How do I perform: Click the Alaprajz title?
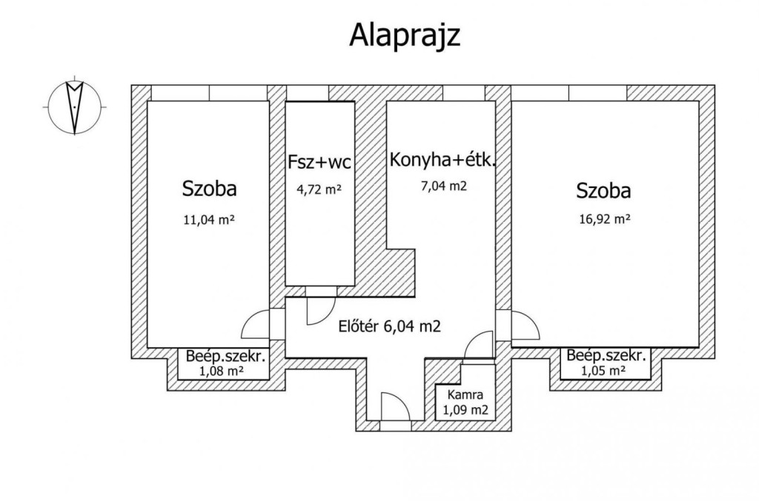(404, 36)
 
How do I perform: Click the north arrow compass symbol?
(75, 107)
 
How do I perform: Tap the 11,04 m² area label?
(208, 221)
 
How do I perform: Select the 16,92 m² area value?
(605, 219)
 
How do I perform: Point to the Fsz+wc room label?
(319, 162)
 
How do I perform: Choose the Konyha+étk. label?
(443, 159)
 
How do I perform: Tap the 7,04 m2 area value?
(444, 186)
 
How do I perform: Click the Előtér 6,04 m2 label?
(389, 326)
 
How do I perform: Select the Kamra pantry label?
(465, 394)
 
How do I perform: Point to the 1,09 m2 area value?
(465, 411)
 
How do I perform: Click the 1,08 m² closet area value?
(221, 371)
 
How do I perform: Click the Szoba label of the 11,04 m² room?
(209, 189)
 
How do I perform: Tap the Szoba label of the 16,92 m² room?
(603, 191)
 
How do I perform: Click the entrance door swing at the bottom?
(396, 406)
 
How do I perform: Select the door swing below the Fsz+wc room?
(321, 311)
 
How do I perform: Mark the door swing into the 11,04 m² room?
(255, 324)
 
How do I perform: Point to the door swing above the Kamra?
(478, 344)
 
